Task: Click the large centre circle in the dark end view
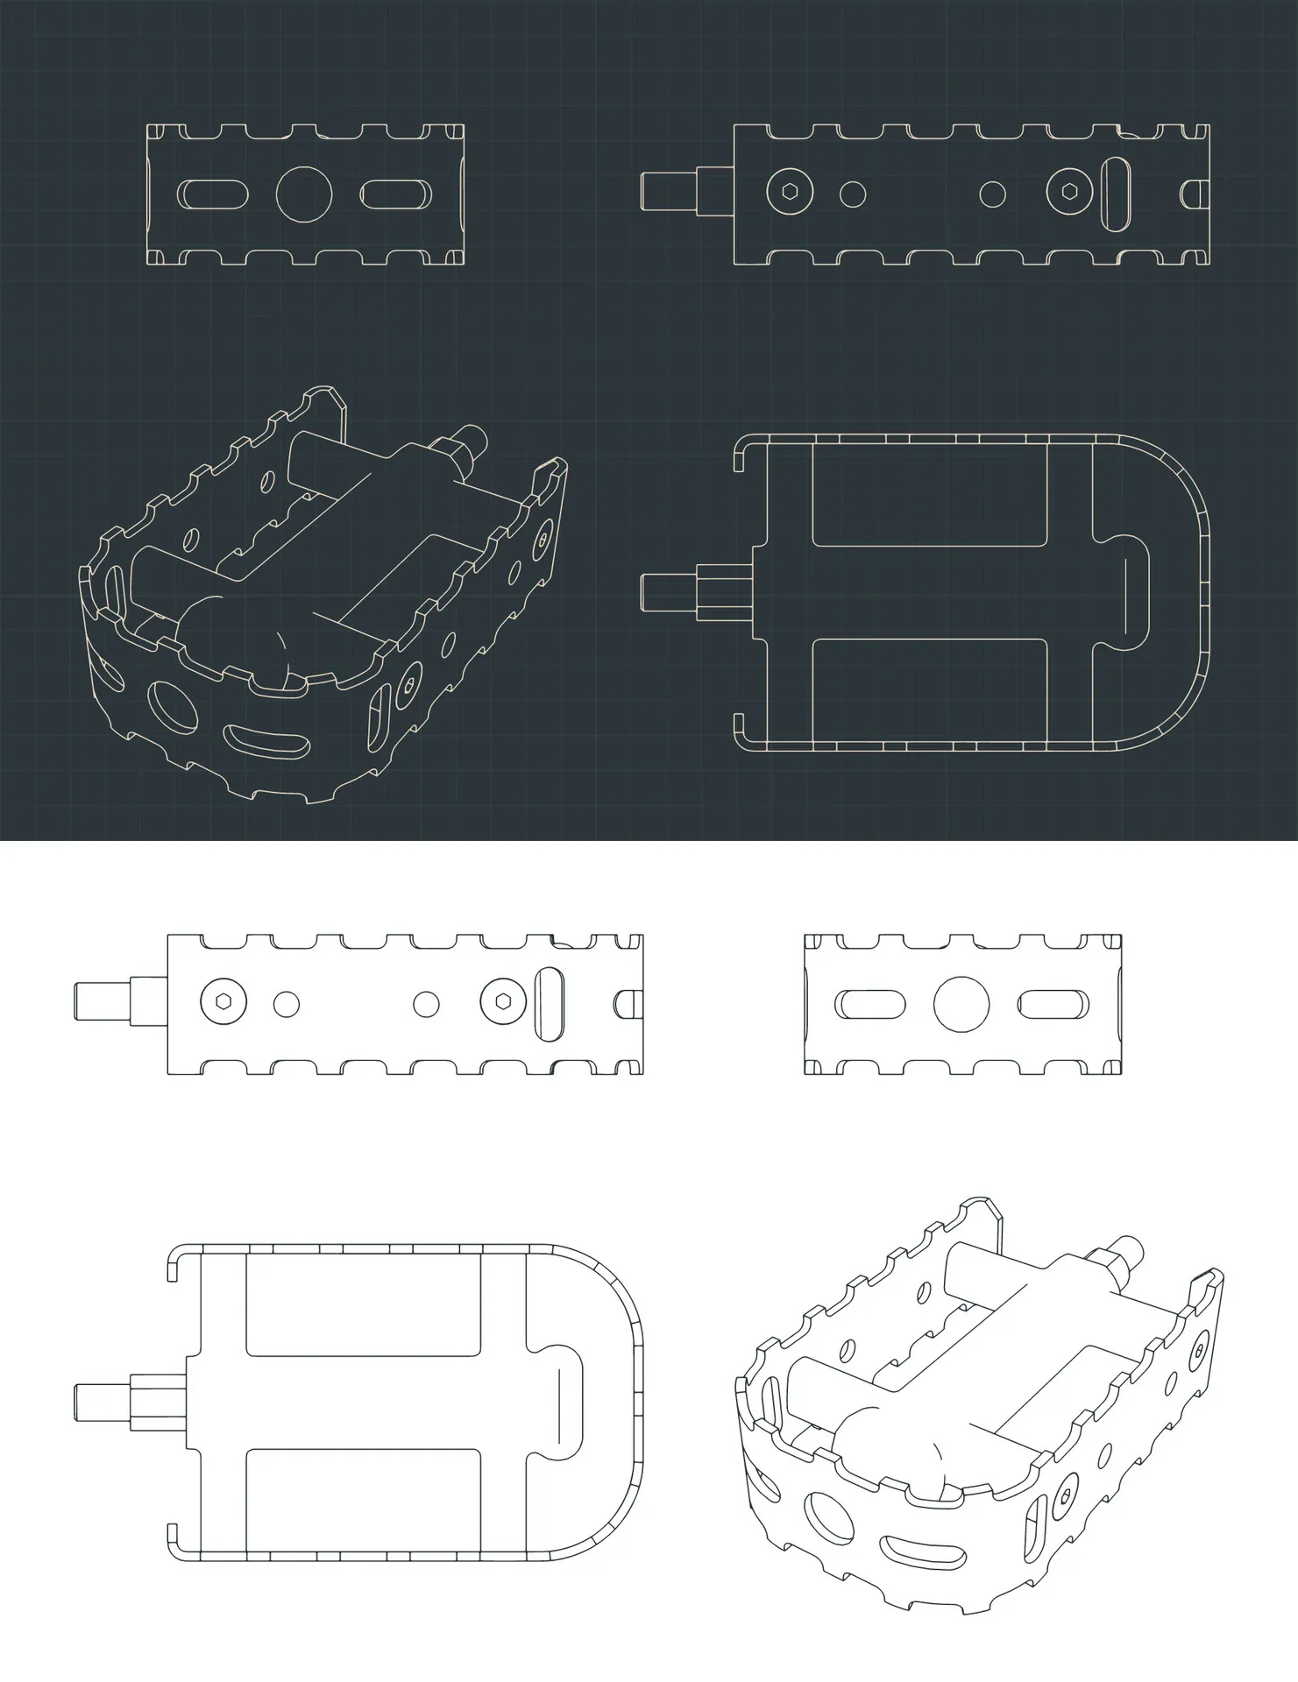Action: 304,194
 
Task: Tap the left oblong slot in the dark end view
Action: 212,194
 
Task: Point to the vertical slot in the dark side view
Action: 1117,193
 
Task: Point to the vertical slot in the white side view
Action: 550,1004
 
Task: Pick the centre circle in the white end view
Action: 961,1004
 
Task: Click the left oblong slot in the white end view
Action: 869,1004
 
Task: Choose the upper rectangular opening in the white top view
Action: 363,1304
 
